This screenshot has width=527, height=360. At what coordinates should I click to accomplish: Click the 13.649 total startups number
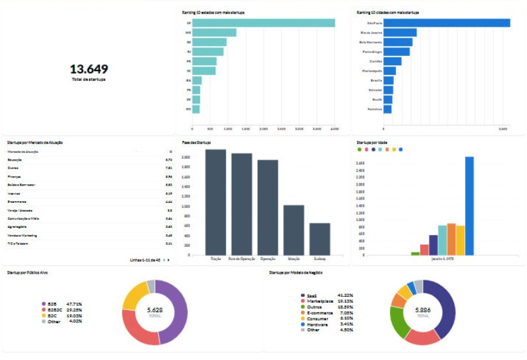(x=89, y=69)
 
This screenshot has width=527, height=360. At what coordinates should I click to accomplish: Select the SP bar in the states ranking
(x=263, y=23)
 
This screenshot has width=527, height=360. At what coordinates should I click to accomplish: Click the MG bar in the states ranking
(x=214, y=32)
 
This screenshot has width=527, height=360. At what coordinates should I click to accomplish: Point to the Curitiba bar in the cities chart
(x=393, y=61)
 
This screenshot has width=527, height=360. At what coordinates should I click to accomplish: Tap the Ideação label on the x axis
(x=294, y=259)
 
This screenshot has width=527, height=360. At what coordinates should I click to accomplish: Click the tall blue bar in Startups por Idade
(x=470, y=205)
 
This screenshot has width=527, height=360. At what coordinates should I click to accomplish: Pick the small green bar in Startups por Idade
(x=415, y=253)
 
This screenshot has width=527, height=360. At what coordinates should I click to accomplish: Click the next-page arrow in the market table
(x=169, y=260)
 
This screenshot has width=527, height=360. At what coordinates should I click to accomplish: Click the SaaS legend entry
(x=308, y=296)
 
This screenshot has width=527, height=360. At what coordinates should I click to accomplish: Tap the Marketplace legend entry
(x=316, y=301)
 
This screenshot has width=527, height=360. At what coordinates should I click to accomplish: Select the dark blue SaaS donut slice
(x=445, y=309)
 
